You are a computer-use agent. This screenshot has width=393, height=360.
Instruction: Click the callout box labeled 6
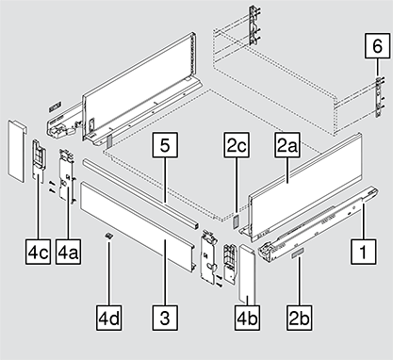(x=377, y=46)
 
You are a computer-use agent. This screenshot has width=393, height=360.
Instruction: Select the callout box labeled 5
(x=165, y=145)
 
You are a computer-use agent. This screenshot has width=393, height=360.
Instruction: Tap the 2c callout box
(x=237, y=145)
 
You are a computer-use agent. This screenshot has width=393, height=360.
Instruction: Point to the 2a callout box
(x=287, y=145)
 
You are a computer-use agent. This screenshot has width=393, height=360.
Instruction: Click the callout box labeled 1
(x=363, y=252)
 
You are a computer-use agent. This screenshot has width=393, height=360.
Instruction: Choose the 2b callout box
(x=300, y=318)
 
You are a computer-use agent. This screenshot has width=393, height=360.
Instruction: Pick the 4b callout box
(x=247, y=318)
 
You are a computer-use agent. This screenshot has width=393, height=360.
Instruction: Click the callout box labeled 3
(x=165, y=318)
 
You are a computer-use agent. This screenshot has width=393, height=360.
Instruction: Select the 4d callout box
(x=108, y=318)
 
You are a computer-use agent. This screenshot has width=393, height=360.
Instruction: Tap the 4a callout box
(x=68, y=252)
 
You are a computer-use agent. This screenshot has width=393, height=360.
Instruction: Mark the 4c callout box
(x=38, y=252)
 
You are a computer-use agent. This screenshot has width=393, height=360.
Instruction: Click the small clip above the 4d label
(x=108, y=236)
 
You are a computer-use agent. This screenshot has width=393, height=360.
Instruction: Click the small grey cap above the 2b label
(x=298, y=253)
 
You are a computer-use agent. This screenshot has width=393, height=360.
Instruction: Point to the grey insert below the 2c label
(x=236, y=221)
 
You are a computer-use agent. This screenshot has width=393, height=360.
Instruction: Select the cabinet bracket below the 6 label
(x=379, y=97)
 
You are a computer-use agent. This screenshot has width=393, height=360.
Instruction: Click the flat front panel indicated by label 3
(x=138, y=226)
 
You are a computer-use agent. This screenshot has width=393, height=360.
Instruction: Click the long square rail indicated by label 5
(x=140, y=193)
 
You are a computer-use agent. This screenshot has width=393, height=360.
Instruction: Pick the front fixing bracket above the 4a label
(x=67, y=177)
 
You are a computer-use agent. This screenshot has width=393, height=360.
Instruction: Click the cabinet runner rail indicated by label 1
(x=319, y=224)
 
